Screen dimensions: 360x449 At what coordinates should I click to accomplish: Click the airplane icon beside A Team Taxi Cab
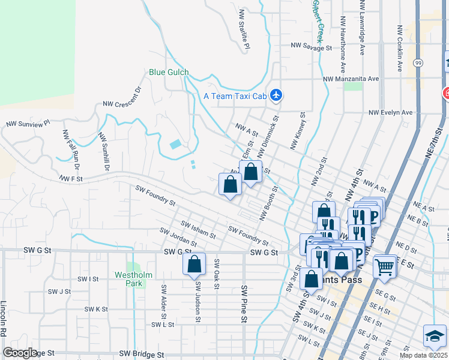pyautogui.click(x=276, y=95)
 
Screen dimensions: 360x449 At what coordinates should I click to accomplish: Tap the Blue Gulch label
pyautogui.click(x=169, y=73)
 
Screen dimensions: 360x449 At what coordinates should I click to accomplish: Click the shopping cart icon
pyautogui.click(x=384, y=266)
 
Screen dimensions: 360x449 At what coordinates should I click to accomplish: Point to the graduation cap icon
pyautogui.click(x=435, y=336)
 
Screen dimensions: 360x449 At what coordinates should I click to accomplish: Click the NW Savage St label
pyautogui.click(x=311, y=46)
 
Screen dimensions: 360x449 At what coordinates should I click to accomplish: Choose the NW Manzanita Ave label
pyautogui.click(x=351, y=79)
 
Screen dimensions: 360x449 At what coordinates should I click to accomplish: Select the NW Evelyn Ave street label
pyautogui.click(x=390, y=112)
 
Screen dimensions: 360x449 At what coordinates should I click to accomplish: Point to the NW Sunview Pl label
pyautogui.click(x=27, y=124)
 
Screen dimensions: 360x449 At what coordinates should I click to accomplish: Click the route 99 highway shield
pyautogui.click(x=417, y=62)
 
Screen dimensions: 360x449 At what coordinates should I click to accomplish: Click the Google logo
pyautogui.click(x=20, y=353)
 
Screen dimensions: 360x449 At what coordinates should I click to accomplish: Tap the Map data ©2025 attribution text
pyautogui.click(x=423, y=355)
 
